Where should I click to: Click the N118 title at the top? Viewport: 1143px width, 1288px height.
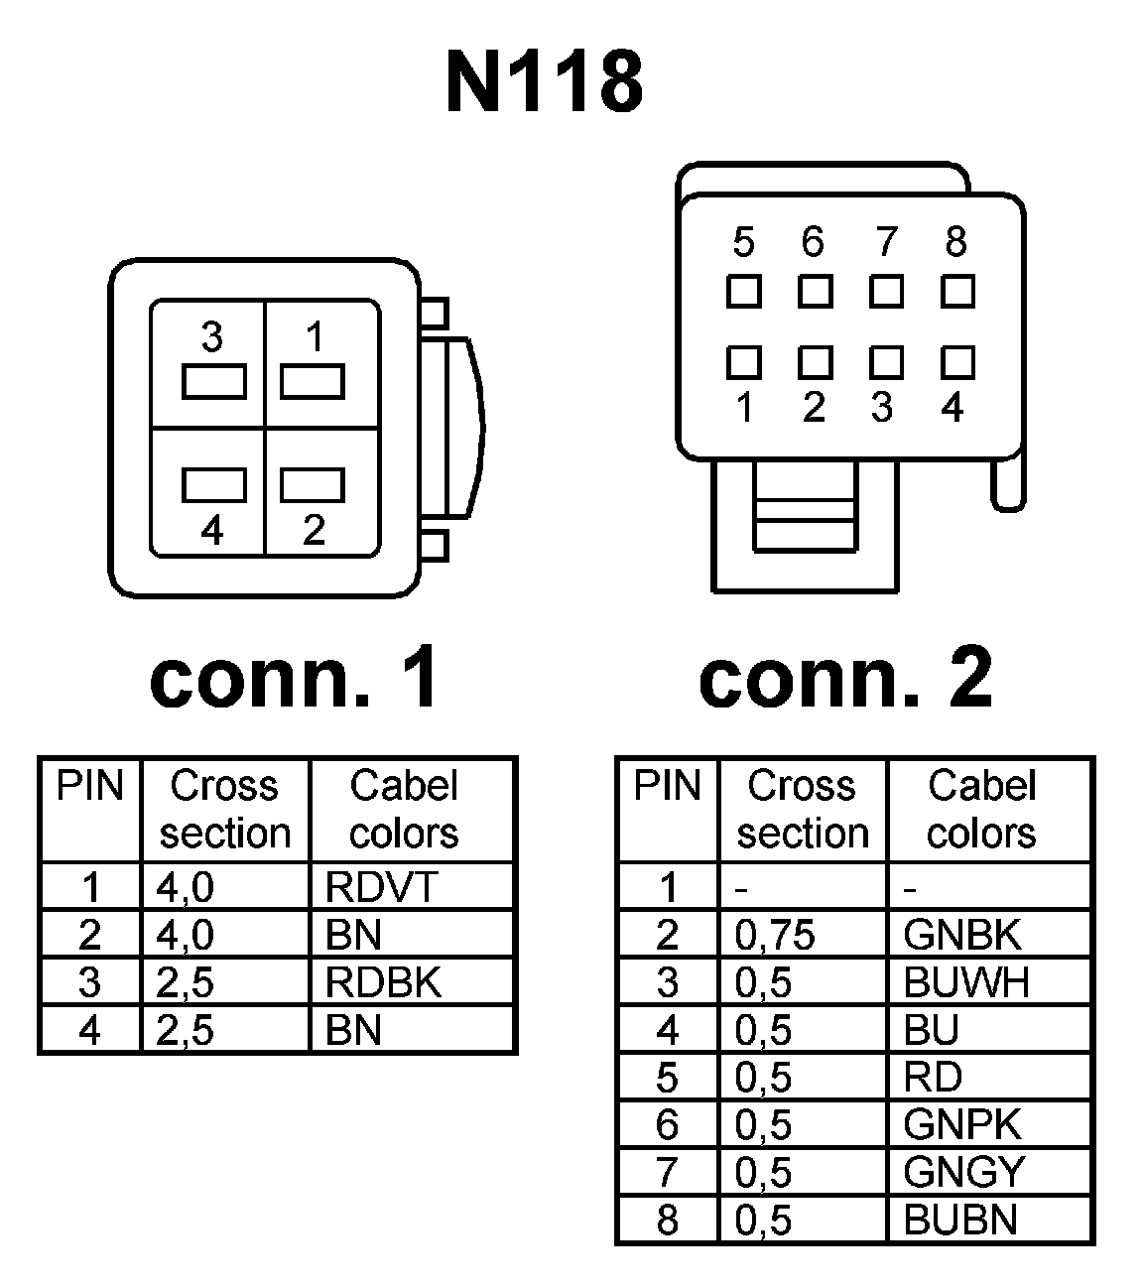tap(545, 82)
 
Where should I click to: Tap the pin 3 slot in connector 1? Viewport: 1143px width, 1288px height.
tap(213, 382)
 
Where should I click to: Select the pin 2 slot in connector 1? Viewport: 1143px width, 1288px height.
tap(313, 485)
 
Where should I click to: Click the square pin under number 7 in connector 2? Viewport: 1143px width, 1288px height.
tap(886, 292)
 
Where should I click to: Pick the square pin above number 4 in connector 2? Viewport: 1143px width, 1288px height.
tap(957, 362)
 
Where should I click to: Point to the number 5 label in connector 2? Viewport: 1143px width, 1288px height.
tap(743, 242)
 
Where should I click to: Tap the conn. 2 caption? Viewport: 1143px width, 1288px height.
tap(845, 679)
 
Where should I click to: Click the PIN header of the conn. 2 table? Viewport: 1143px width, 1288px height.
tap(667, 787)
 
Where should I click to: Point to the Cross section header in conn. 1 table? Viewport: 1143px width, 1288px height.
tap(225, 810)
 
